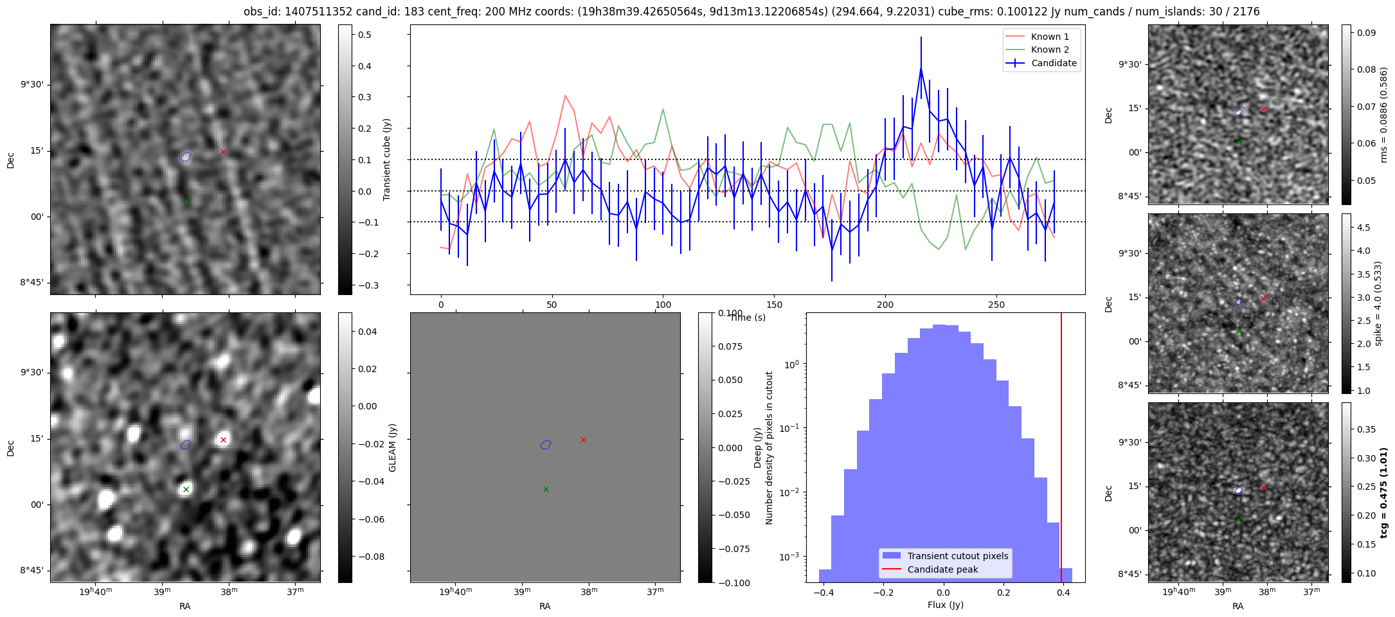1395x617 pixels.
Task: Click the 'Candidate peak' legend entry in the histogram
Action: pyautogui.click(x=942, y=569)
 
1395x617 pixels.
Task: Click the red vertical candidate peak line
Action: pyautogui.click(x=1061, y=450)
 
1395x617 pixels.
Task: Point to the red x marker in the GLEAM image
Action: pyautogui.click(x=223, y=440)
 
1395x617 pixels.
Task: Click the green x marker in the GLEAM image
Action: pyautogui.click(x=186, y=490)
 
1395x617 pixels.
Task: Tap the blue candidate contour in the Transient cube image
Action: pyautogui.click(x=186, y=157)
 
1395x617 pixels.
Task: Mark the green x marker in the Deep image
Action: pyautogui.click(x=546, y=490)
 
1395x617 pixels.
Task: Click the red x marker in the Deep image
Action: pyautogui.click(x=583, y=440)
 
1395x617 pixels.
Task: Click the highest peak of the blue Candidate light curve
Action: pyautogui.click(x=921, y=67)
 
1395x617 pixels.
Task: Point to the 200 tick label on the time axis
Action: pyautogui.click(x=885, y=305)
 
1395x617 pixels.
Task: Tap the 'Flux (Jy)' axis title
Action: pyautogui.click(x=945, y=605)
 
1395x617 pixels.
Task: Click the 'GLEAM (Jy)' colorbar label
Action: pyautogui.click(x=392, y=447)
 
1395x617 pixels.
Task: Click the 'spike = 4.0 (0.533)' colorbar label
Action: pyautogui.click(x=1377, y=303)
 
